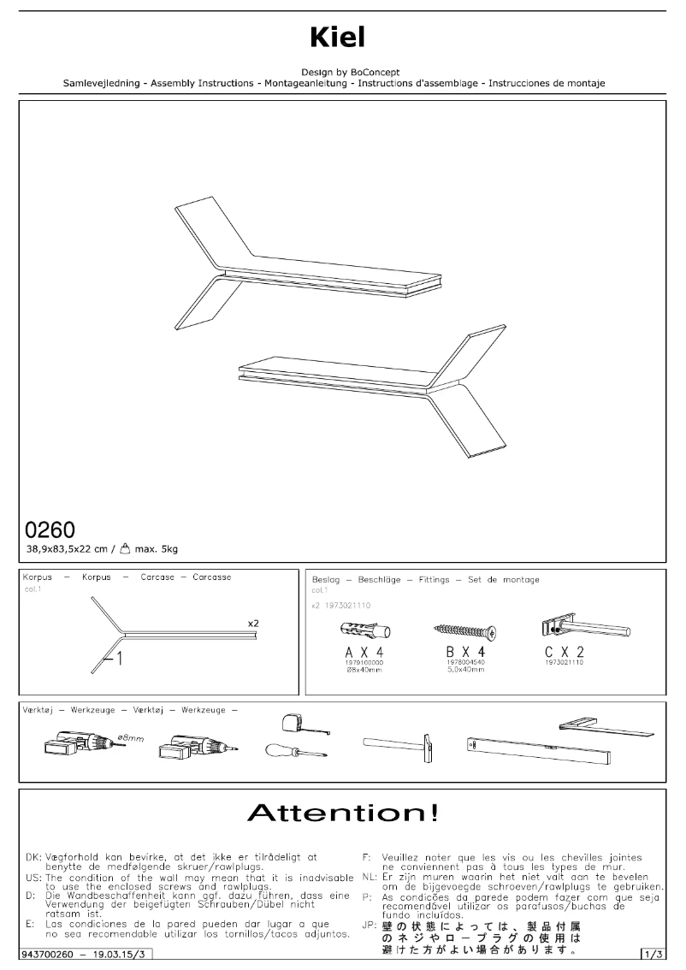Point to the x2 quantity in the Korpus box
[253, 624]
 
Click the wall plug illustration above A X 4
[365, 633]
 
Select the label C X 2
[565, 654]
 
